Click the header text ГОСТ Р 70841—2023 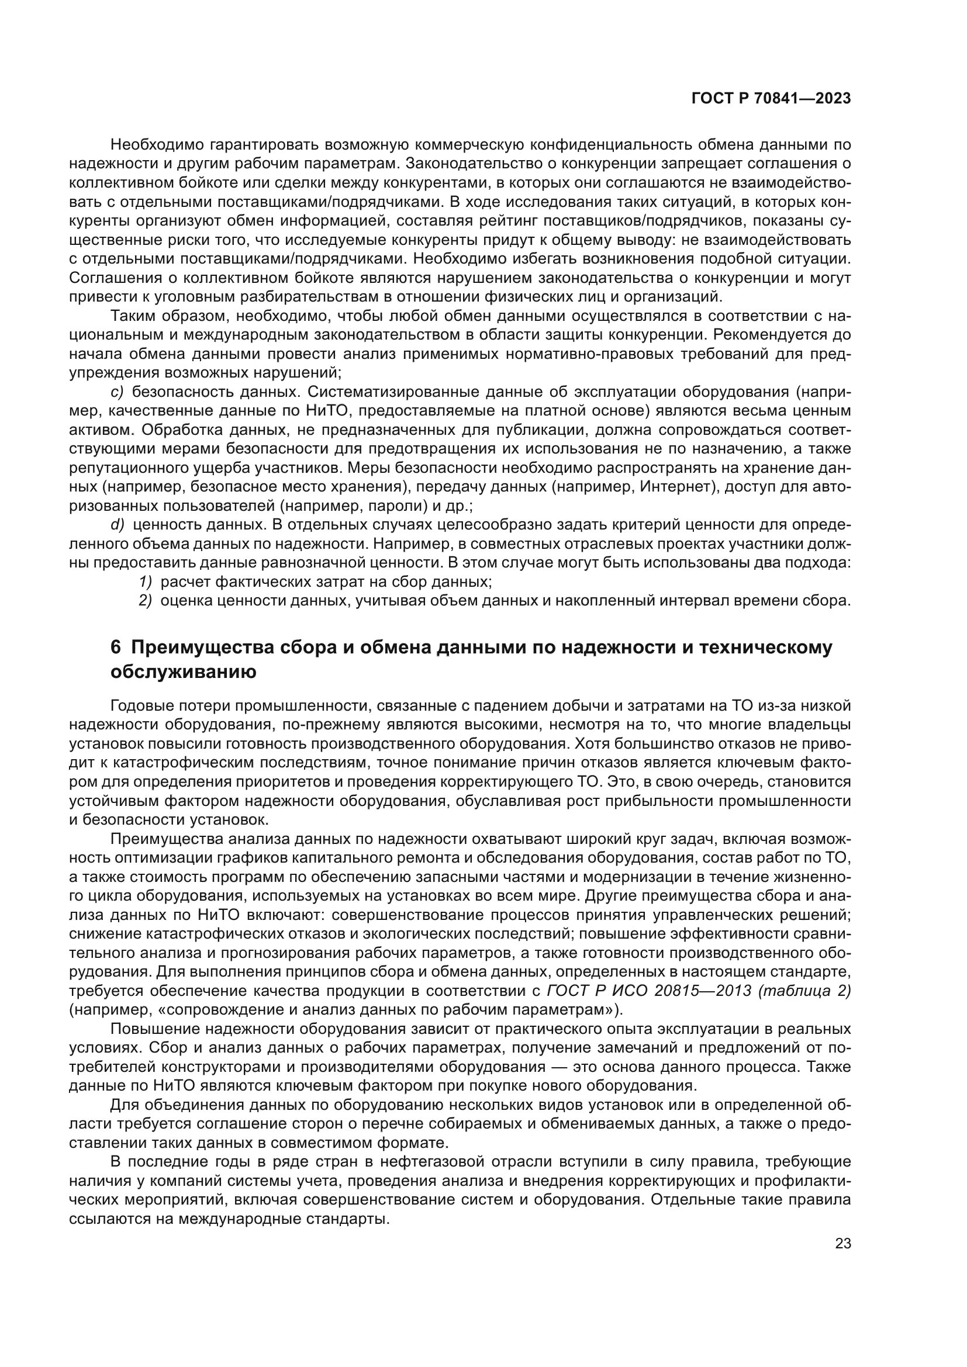tap(771, 99)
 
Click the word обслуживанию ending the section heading tap(184, 672)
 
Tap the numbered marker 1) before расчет tap(146, 581)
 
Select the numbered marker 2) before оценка tap(146, 600)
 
